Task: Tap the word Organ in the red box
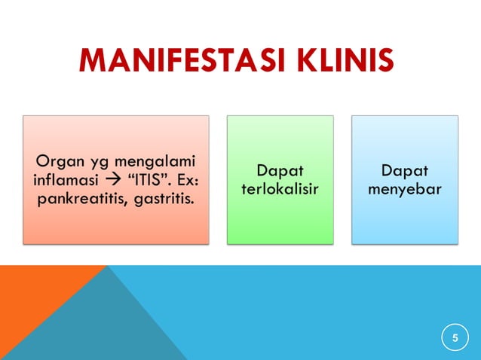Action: click(55, 161)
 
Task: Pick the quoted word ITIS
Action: click(139, 181)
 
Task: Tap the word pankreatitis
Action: click(78, 200)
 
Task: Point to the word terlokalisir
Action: click(280, 189)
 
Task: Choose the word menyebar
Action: click(405, 189)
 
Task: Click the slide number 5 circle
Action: click(455, 337)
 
